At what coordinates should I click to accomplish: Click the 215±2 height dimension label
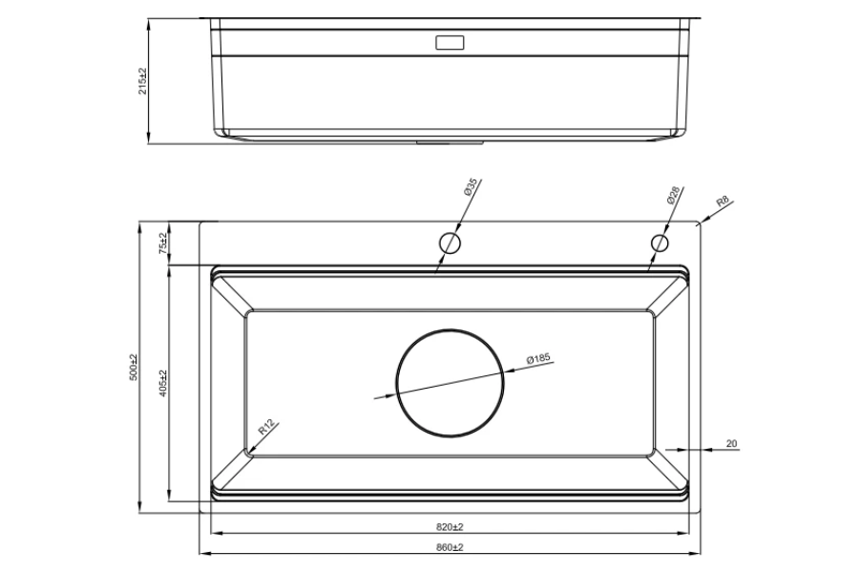click(x=142, y=81)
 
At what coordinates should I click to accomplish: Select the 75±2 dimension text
click(x=162, y=243)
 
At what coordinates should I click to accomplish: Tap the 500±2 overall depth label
click(x=134, y=367)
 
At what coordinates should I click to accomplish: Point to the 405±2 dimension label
click(x=163, y=383)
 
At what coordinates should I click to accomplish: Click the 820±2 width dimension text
click(x=449, y=527)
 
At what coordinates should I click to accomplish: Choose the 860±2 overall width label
click(x=449, y=547)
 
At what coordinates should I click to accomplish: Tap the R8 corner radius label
click(x=723, y=202)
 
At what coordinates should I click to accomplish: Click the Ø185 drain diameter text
click(x=539, y=359)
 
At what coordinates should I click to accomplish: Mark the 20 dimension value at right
click(x=732, y=443)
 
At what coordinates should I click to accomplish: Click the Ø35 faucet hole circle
click(x=450, y=243)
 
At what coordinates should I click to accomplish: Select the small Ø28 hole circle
click(x=659, y=243)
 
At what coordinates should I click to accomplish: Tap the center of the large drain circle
click(x=449, y=380)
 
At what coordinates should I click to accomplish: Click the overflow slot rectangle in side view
click(x=449, y=43)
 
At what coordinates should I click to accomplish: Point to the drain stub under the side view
click(x=449, y=142)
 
